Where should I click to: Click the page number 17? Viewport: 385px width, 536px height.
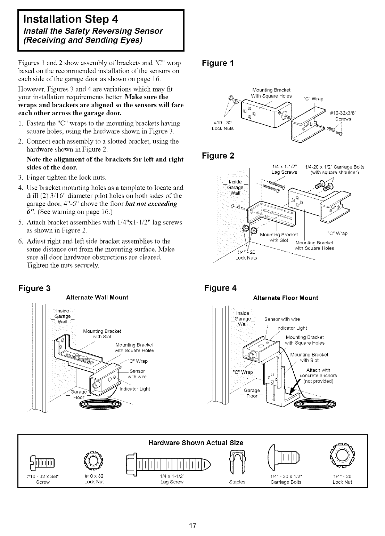[x=192, y=525]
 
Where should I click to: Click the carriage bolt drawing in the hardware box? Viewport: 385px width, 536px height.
[x=285, y=463]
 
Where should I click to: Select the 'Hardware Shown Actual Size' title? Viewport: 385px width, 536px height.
[x=196, y=443]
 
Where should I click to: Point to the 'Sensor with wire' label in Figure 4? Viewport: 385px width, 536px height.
[x=282, y=319]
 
